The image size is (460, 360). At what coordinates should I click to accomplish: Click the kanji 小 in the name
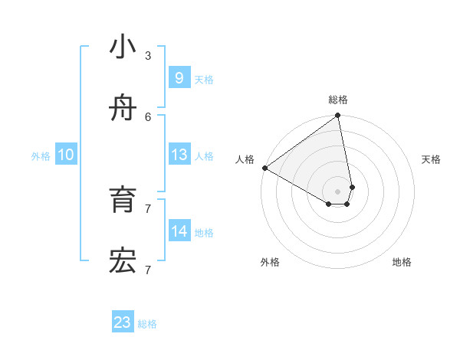[x=123, y=47]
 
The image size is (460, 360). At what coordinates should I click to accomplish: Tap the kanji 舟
[x=123, y=109]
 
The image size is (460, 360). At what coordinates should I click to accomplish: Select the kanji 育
[x=123, y=200]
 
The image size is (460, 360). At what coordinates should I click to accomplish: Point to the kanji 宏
[x=123, y=262]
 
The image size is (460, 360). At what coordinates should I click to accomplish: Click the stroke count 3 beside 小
[x=147, y=55]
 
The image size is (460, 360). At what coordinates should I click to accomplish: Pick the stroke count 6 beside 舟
[x=147, y=116]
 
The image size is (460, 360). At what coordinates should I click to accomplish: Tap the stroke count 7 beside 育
[x=147, y=208]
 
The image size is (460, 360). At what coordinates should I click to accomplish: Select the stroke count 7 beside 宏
[x=147, y=270]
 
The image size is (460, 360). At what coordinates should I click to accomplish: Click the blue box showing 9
[x=179, y=77]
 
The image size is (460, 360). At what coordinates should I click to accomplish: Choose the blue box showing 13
[x=179, y=155]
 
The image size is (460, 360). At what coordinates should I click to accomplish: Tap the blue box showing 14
[x=179, y=231]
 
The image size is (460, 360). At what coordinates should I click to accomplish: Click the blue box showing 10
[x=66, y=155]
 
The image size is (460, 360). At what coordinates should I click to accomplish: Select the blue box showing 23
[x=123, y=322]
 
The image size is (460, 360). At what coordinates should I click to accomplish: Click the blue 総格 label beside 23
[x=147, y=324]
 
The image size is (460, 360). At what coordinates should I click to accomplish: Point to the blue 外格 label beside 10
[x=41, y=156]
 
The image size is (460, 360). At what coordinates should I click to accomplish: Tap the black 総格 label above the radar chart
[x=338, y=100]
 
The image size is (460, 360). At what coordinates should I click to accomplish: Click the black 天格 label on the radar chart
[x=431, y=159]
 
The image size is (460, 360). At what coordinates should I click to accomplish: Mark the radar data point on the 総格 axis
[x=338, y=116]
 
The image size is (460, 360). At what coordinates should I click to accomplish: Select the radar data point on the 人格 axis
[x=264, y=168]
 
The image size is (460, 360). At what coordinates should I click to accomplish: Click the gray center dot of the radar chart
[x=338, y=191]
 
